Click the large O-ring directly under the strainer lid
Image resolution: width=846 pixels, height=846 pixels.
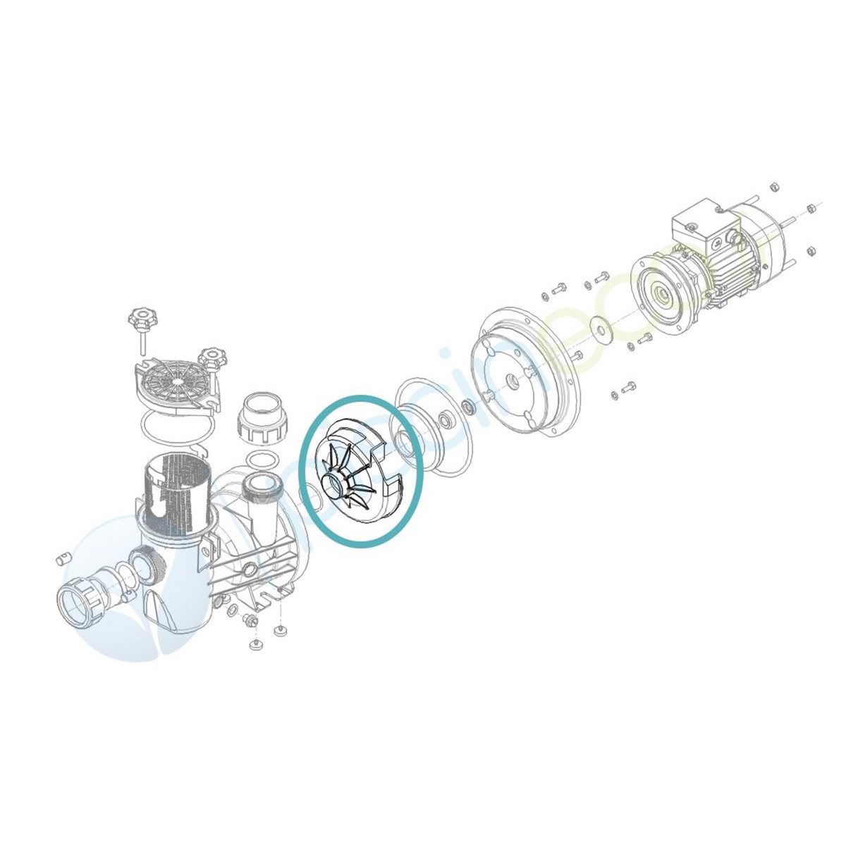[x=173, y=431]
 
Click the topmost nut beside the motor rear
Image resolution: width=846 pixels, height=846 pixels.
[x=772, y=187]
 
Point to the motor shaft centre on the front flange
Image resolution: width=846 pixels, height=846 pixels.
[x=661, y=292]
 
